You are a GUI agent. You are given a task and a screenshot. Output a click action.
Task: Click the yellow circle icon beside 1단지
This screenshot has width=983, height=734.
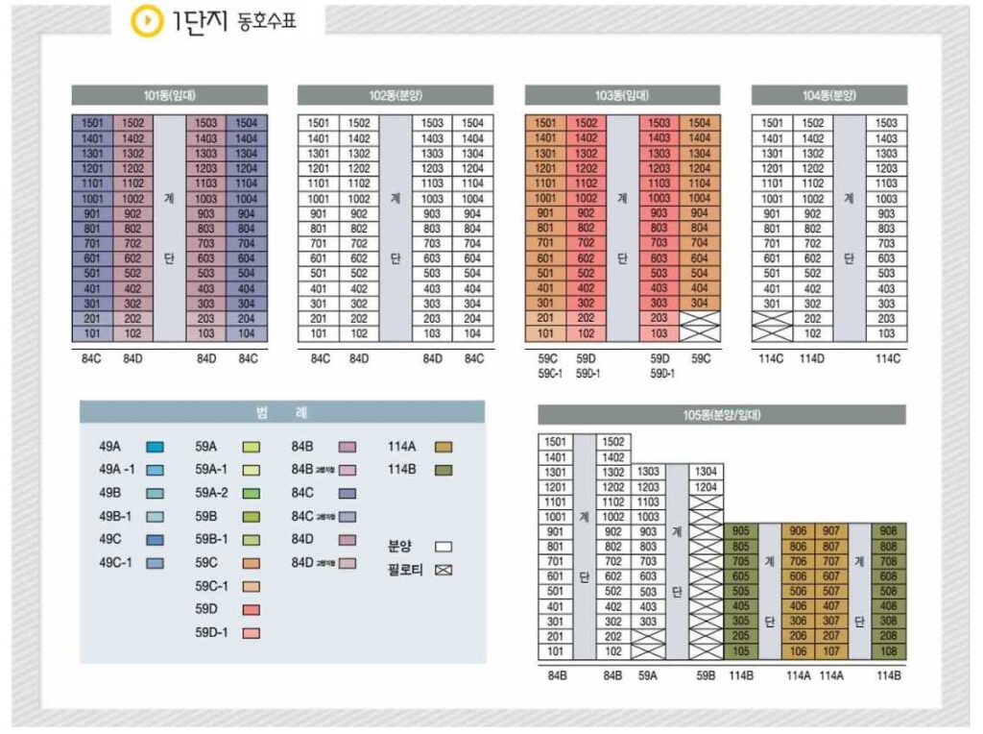click(147, 21)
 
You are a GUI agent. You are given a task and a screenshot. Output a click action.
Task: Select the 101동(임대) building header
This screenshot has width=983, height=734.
click(169, 95)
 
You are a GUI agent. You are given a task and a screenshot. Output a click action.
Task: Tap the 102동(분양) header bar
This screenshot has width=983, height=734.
click(396, 95)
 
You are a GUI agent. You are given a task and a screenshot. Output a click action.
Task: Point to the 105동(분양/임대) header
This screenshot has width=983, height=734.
click(721, 415)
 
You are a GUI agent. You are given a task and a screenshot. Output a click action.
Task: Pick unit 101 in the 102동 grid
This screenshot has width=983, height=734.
click(319, 334)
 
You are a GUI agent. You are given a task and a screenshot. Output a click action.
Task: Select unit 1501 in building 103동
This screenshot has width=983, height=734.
click(544, 123)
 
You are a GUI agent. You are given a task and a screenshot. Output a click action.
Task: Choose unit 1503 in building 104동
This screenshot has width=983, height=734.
click(887, 123)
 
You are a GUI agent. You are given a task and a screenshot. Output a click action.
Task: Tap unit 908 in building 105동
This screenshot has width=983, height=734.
click(889, 531)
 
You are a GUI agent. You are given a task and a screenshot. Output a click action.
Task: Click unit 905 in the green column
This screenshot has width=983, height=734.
click(740, 531)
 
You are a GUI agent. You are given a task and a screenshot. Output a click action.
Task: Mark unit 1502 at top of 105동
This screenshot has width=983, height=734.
click(614, 442)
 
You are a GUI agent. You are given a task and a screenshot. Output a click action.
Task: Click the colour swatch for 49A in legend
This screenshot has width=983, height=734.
click(156, 447)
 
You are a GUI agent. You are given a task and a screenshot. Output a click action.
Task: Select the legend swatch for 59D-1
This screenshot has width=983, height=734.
click(252, 633)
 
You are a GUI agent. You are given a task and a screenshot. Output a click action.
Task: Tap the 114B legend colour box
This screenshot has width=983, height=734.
click(444, 470)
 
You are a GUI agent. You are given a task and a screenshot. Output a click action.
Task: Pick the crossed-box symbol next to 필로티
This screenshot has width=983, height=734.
click(444, 569)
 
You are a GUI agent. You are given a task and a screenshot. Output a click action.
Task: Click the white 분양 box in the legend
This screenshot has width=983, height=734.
click(444, 546)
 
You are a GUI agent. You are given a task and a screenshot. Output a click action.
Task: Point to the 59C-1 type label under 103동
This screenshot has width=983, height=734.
click(549, 373)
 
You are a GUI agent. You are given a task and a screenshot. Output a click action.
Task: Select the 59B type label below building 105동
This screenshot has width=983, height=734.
click(706, 675)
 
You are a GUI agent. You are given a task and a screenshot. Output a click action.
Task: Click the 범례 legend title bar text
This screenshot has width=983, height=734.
click(282, 411)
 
